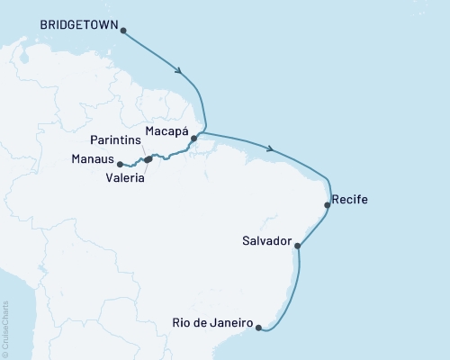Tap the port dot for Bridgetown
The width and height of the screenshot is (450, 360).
coord(123,31)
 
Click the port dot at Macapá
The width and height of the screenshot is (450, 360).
coord(193,139)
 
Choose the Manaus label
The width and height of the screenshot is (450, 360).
coord(93,158)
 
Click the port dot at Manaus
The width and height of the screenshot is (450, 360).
coord(121,163)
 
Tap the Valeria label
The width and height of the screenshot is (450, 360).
coord(126,177)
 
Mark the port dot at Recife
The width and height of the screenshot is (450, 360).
coord(327,205)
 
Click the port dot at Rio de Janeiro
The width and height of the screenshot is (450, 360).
coord(259,328)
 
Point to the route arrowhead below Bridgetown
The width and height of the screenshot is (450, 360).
coord(181,72)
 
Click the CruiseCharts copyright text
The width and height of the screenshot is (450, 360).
coord(5,328)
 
